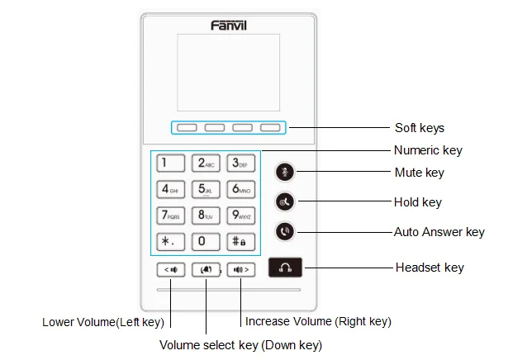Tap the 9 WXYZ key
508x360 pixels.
[x=240, y=216]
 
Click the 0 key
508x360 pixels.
[x=205, y=243]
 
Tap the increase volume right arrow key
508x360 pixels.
[x=240, y=269]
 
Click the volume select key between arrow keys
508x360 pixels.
[x=205, y=269]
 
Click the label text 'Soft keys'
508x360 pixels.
[x=420, y=128]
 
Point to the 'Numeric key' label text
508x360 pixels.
[x=428, y=150]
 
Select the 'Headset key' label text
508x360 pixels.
[x=430, y=268]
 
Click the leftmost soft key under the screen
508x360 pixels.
[x=187, y=128]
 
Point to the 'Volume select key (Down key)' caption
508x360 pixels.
[x=240, y=344]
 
